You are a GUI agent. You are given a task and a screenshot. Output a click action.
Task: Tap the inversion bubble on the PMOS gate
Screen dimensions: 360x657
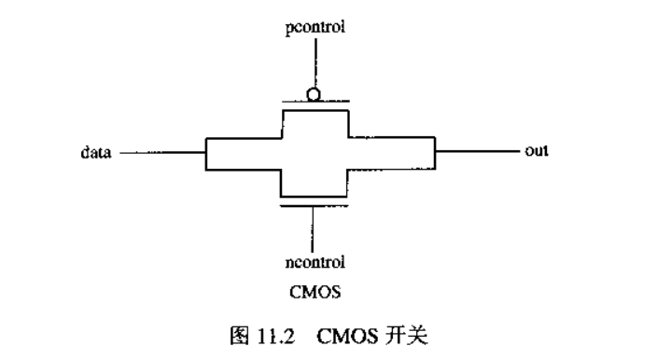point(315,93)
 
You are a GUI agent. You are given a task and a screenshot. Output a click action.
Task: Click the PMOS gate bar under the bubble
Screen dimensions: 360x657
point(315,101)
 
